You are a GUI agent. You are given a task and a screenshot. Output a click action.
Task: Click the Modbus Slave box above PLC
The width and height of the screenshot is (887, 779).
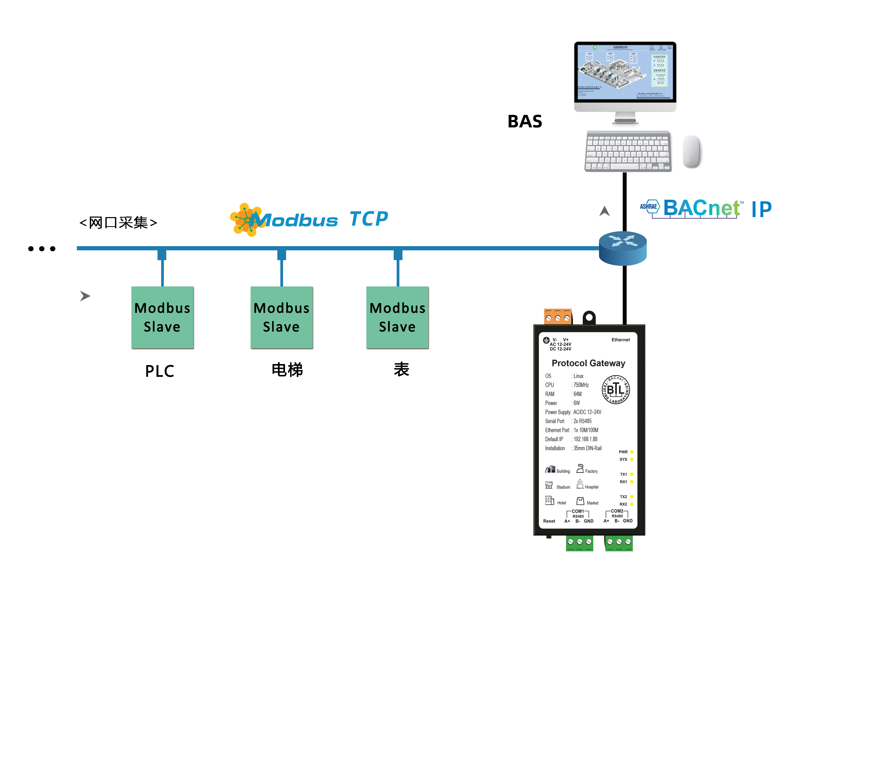click(x=162, y=317)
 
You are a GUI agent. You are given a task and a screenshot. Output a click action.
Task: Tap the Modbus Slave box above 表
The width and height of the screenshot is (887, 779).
click(x=397, y=317)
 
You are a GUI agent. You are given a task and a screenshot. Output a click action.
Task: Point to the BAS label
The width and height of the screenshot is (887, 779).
click(x=525, y=122)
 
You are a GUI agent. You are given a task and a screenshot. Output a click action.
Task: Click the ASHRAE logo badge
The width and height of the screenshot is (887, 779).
click(x=649, y=207)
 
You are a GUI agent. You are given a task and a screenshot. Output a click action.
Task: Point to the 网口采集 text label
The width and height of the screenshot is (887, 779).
click(x=118, y=223)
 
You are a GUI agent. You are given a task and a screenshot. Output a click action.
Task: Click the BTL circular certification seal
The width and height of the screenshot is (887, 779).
click(x=615, y=389)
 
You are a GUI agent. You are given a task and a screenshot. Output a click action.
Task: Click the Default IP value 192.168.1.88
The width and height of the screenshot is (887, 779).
click(x=585, y=439)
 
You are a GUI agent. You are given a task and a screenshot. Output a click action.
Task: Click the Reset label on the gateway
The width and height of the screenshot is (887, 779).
click(x=549, y=521)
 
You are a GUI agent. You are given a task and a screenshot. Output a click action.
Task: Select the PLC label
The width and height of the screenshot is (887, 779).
click(x=160, y=371)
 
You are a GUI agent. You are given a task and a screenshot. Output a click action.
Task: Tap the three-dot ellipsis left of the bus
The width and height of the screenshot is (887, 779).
click(x=42, y=249)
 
